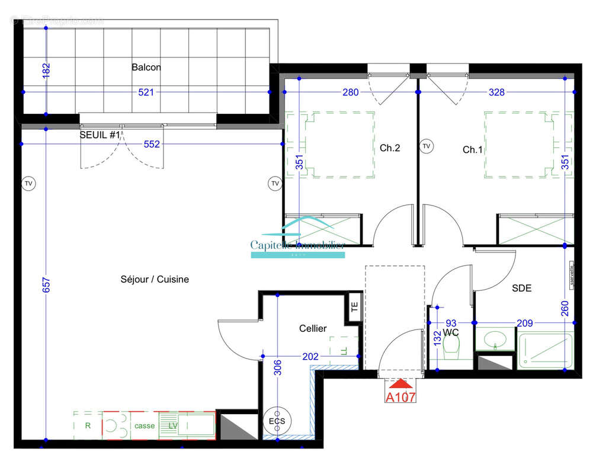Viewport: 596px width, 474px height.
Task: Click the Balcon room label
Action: tap(146, 68)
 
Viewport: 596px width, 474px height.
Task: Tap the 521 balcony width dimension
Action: tap(146, 92)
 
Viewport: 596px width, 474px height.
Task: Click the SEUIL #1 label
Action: tap(100, 135)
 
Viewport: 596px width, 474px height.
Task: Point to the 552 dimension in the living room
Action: tap(152, 144)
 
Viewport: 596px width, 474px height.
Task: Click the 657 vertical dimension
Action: tap(47, 286)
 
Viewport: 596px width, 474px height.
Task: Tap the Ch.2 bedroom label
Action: tap(390, 148)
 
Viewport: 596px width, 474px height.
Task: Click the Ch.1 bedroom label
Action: tap(473, 150)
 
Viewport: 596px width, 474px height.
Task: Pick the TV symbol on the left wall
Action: tap(28, 184)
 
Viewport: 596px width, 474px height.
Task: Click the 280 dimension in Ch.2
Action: tap(351, 92)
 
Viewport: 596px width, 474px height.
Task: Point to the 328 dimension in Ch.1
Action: tap(496, 92)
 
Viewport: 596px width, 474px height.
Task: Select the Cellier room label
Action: tap(313, 328)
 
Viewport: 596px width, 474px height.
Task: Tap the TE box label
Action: tap(355, 308)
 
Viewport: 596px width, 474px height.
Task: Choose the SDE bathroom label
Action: tap(522, 289)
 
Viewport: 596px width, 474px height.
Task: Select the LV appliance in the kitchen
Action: tap(173, 425)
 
